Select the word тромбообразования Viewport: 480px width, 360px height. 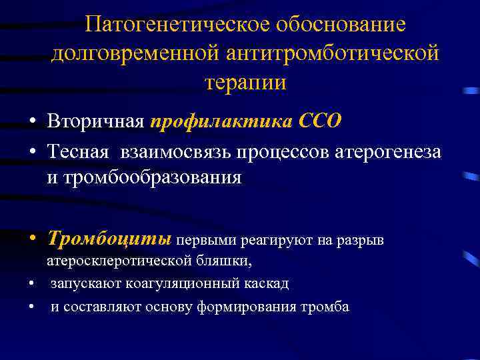click(144, 178)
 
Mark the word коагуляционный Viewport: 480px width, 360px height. click(181, 283)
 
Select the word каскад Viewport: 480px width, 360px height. click(267, 283)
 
